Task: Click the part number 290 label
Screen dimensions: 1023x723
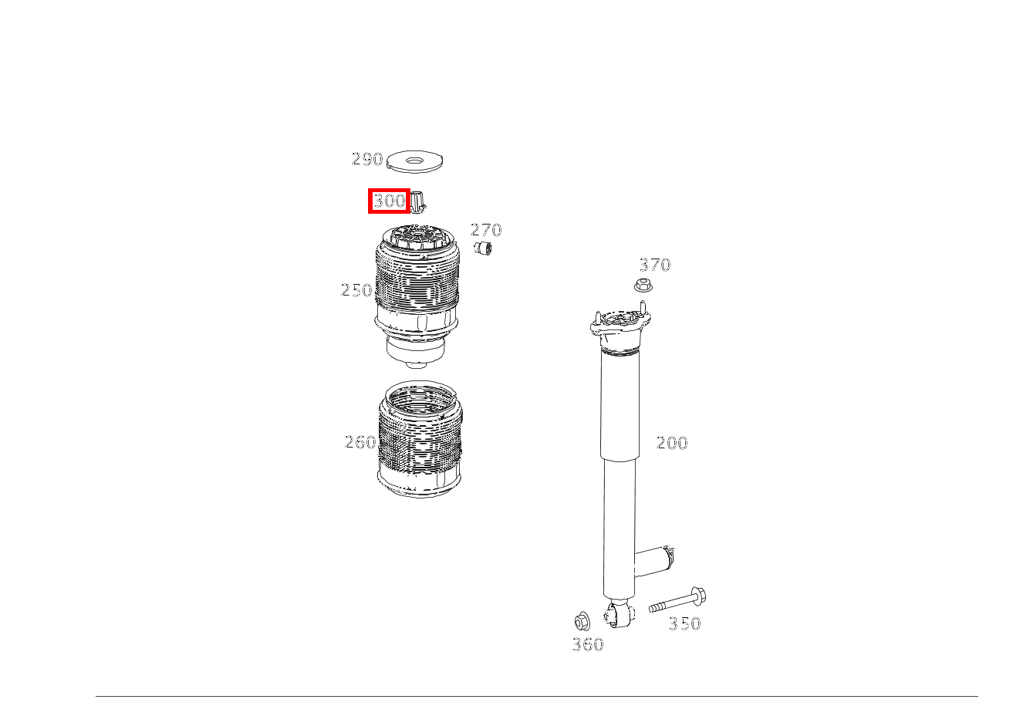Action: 367,159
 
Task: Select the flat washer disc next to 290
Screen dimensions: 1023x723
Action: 415,162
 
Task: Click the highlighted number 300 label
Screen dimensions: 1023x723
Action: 389,201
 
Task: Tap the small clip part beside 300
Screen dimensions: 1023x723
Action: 418,202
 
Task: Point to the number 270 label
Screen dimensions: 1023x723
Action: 486,230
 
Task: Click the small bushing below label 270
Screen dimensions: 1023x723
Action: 483,248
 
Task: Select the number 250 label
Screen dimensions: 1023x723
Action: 356,290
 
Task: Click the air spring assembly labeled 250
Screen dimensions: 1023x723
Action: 416,296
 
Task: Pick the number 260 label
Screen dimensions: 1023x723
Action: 360,442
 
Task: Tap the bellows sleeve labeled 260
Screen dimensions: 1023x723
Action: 420,439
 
